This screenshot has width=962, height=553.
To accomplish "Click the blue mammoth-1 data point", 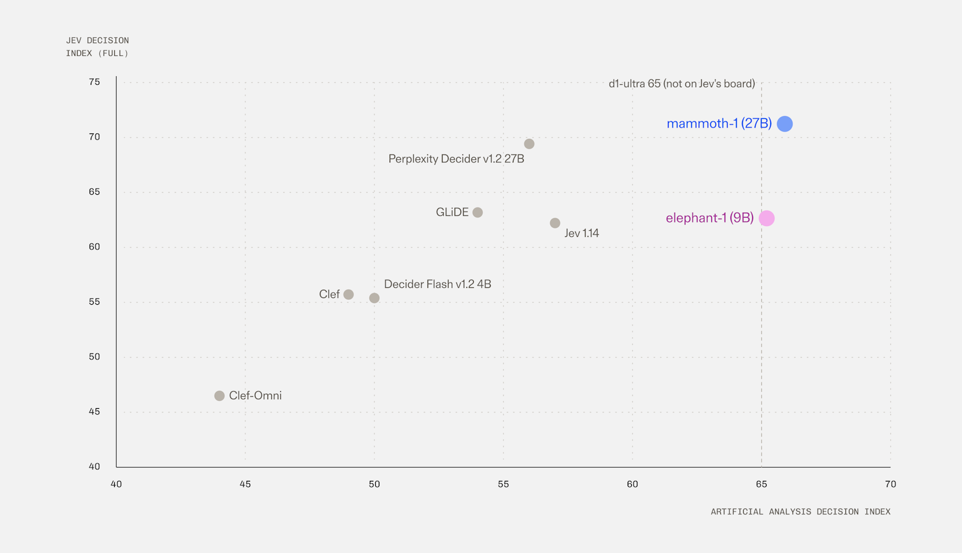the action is tap(785, 124).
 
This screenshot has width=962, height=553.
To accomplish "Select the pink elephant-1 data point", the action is tap(767, 219).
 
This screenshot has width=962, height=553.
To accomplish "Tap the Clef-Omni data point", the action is tap(219, 396).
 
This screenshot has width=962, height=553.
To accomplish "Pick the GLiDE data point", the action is tap(477, 213).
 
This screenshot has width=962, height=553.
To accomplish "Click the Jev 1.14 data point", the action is tap(555, 223).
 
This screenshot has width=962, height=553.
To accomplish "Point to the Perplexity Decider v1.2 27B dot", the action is tap(529, 144).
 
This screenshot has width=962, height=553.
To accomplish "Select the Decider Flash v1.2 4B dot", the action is tap(375, 298).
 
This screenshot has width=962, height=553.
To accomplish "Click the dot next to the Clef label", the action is tap(349, 295).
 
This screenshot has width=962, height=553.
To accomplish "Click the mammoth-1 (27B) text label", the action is tap(719, 124).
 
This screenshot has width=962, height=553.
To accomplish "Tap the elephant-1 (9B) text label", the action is tap(710, 218).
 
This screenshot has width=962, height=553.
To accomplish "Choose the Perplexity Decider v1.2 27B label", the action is tap(456, 159).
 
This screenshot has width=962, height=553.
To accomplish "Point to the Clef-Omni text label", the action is tap(256, 396).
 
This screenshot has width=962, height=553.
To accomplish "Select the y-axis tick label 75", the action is tap(94, 82).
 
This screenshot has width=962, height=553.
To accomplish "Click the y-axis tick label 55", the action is tap(94, 302).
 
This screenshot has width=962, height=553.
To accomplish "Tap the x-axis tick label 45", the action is tap(245, 484).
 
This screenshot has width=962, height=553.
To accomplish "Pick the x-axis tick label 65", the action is tap(761, 484).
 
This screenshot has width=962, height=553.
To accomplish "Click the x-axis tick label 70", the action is tap(890, 484).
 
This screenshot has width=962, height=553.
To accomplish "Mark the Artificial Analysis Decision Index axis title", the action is tap(800, 512).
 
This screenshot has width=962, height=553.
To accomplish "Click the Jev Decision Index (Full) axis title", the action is tap(97, 47).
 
